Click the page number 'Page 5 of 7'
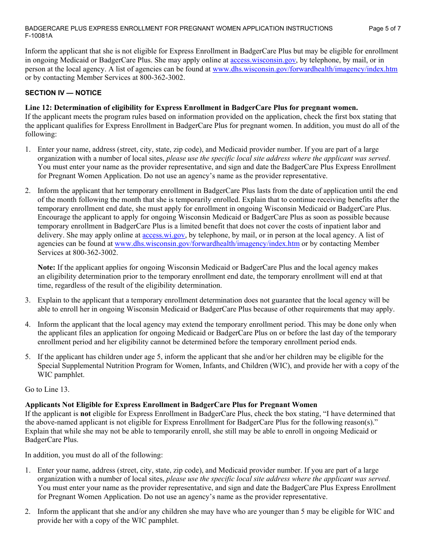(384, 28)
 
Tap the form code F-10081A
(39, 36)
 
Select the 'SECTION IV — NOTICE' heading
(63, 93)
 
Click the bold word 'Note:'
(46, 267)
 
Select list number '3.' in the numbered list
(28, 300)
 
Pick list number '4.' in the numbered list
(28, 324)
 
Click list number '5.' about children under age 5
(28, 357)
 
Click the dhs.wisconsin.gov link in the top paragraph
(304, 69)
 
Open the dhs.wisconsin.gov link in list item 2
(207, 244)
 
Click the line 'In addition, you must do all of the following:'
(94, 455)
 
